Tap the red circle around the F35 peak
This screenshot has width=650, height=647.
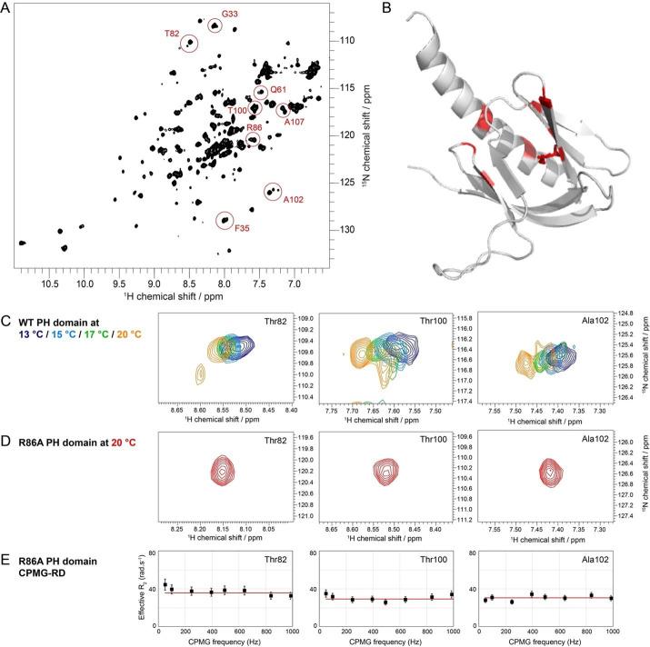225,220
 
